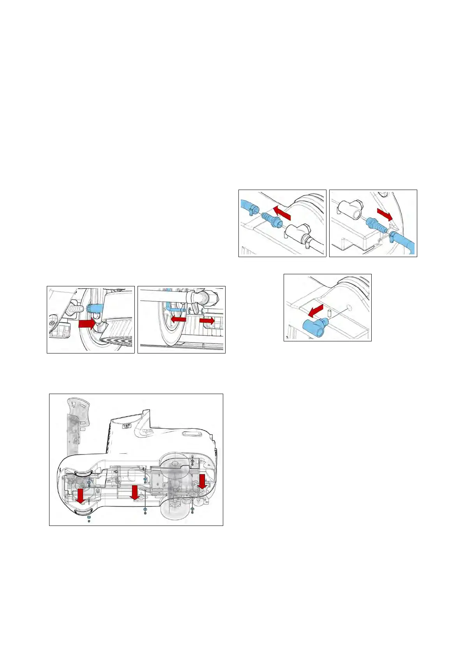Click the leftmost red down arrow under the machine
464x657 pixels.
(81, 495)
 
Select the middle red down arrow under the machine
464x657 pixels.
(134, 492)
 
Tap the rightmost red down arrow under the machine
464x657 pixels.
(202, 481)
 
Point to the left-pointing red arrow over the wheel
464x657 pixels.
(178, 319)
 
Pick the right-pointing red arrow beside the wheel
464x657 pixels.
(207, 320)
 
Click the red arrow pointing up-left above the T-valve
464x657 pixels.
(282, 213)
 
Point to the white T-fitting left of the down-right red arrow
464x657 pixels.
(348, 208)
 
